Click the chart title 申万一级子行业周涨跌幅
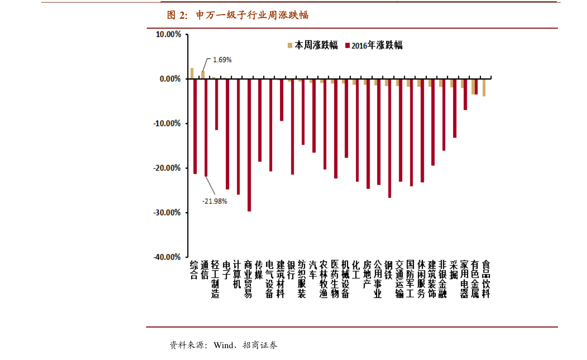[238, 15]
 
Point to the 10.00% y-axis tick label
[168, 34]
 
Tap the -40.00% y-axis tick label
[167, 257]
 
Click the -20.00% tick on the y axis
[167, 168]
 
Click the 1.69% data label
[222, 60]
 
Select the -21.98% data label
[215, 201]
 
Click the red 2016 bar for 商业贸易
[249, 145]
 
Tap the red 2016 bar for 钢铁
[389, 138]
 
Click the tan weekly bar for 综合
[192, 73]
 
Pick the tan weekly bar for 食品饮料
[484, 87]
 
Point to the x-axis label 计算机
[238, 274]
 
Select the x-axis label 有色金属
[475, 279]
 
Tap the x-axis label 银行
[291, 269]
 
